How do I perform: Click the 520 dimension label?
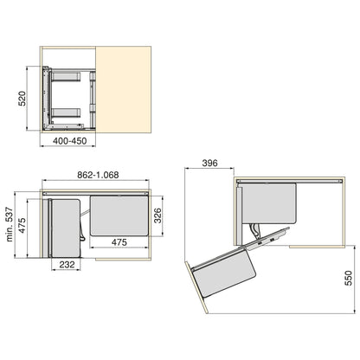click(28, 99)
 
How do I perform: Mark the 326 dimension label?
click(157, 215)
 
